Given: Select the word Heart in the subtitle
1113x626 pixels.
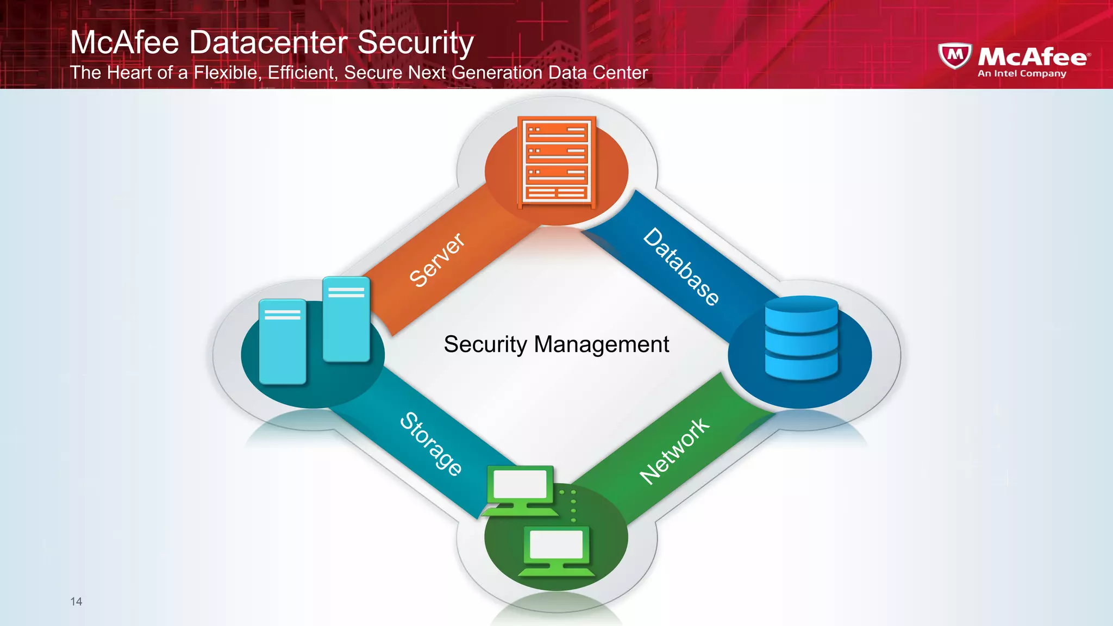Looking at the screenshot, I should click(x=129, y=72).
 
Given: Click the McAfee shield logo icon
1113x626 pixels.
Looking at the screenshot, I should click(x=955, y=55).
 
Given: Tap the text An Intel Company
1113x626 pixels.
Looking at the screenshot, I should click(x=1022, y=73).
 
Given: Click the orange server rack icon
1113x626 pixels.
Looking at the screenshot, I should click(x=556, y=162).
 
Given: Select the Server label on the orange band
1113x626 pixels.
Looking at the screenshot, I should click(x=436, y=260).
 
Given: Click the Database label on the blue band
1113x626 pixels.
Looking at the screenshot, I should click(x=681, y=266).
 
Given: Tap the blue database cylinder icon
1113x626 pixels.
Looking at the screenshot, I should click(x=801, y=338).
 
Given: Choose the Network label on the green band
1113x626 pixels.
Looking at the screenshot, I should click(x=674, y=450).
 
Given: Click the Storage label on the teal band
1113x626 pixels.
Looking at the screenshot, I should click(x=431, y=444).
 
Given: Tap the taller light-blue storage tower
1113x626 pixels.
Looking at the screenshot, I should click(x=346, y=319).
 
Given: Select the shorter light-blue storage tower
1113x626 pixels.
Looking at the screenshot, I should click(x=283, y=341).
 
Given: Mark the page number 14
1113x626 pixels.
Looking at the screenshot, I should click(x=76, y=602).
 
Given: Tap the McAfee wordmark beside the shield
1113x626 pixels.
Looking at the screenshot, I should click(x=1033, y=57).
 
